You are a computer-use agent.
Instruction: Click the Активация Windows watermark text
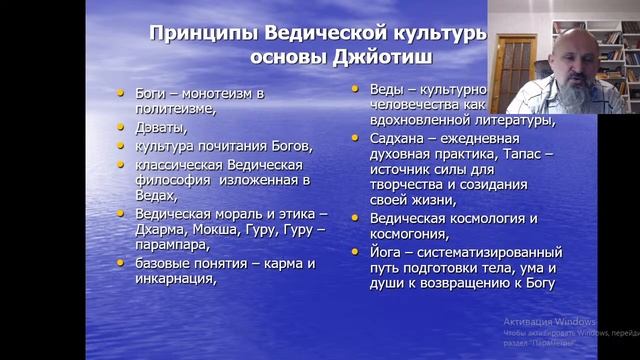click(x=549, y=322)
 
